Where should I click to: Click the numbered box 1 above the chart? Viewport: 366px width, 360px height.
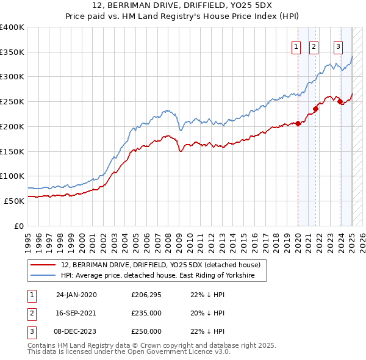tap(296, 47)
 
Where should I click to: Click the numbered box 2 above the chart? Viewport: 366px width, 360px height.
tap(314, 47)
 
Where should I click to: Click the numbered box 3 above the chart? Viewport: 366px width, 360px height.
tap(338, 47)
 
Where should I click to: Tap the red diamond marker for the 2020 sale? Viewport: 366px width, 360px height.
tap(298, 123)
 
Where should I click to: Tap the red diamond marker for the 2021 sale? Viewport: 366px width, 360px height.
tap(316, 109)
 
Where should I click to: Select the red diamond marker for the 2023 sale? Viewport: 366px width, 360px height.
tap(340, 102)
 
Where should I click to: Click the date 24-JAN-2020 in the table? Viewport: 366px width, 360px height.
tap(76, 295)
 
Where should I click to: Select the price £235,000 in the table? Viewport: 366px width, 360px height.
tap(146, 313)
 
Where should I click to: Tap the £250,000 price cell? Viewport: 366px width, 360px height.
tap(146, 331)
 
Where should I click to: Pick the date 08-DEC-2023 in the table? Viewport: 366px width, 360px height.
tap(76, 331)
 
